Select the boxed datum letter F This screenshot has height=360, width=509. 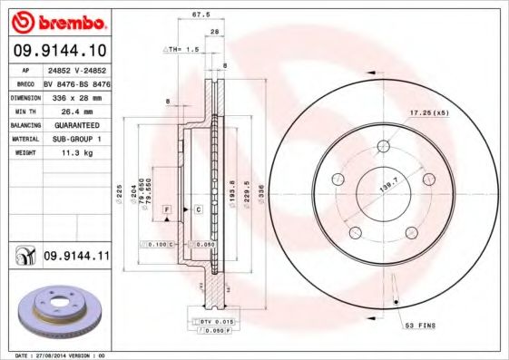pos(167,209)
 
